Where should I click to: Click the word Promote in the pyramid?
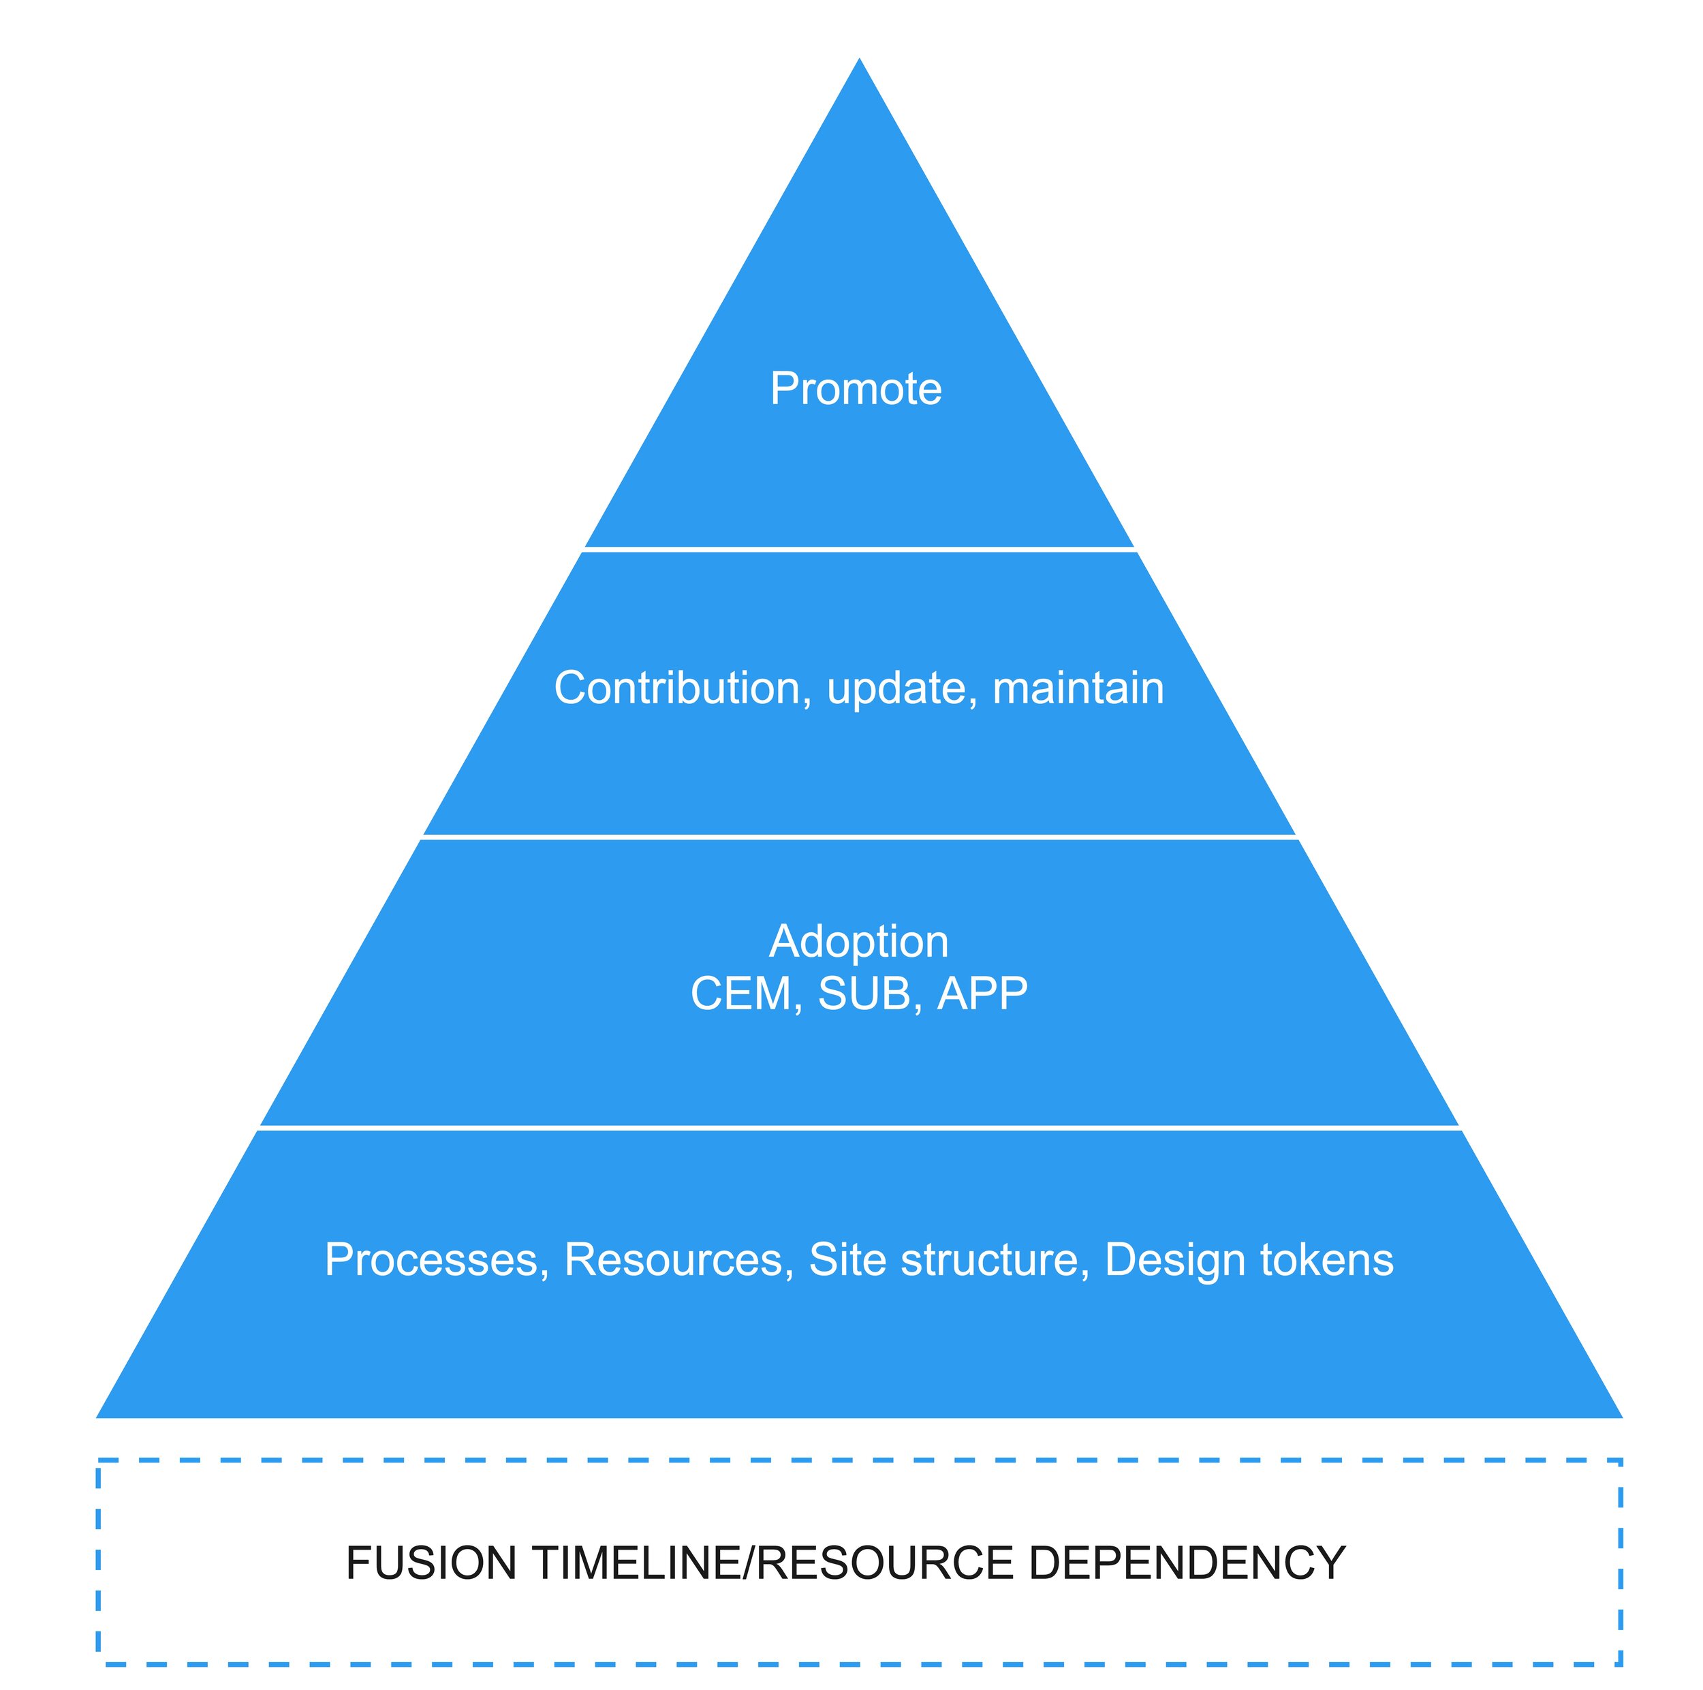[855, 389]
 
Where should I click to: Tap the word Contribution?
[676, 688]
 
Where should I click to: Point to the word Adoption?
[858, 942]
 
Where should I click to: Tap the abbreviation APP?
[982, 994]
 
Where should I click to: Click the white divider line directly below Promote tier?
[860, 549]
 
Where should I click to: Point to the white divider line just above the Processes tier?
[860, 1128]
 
